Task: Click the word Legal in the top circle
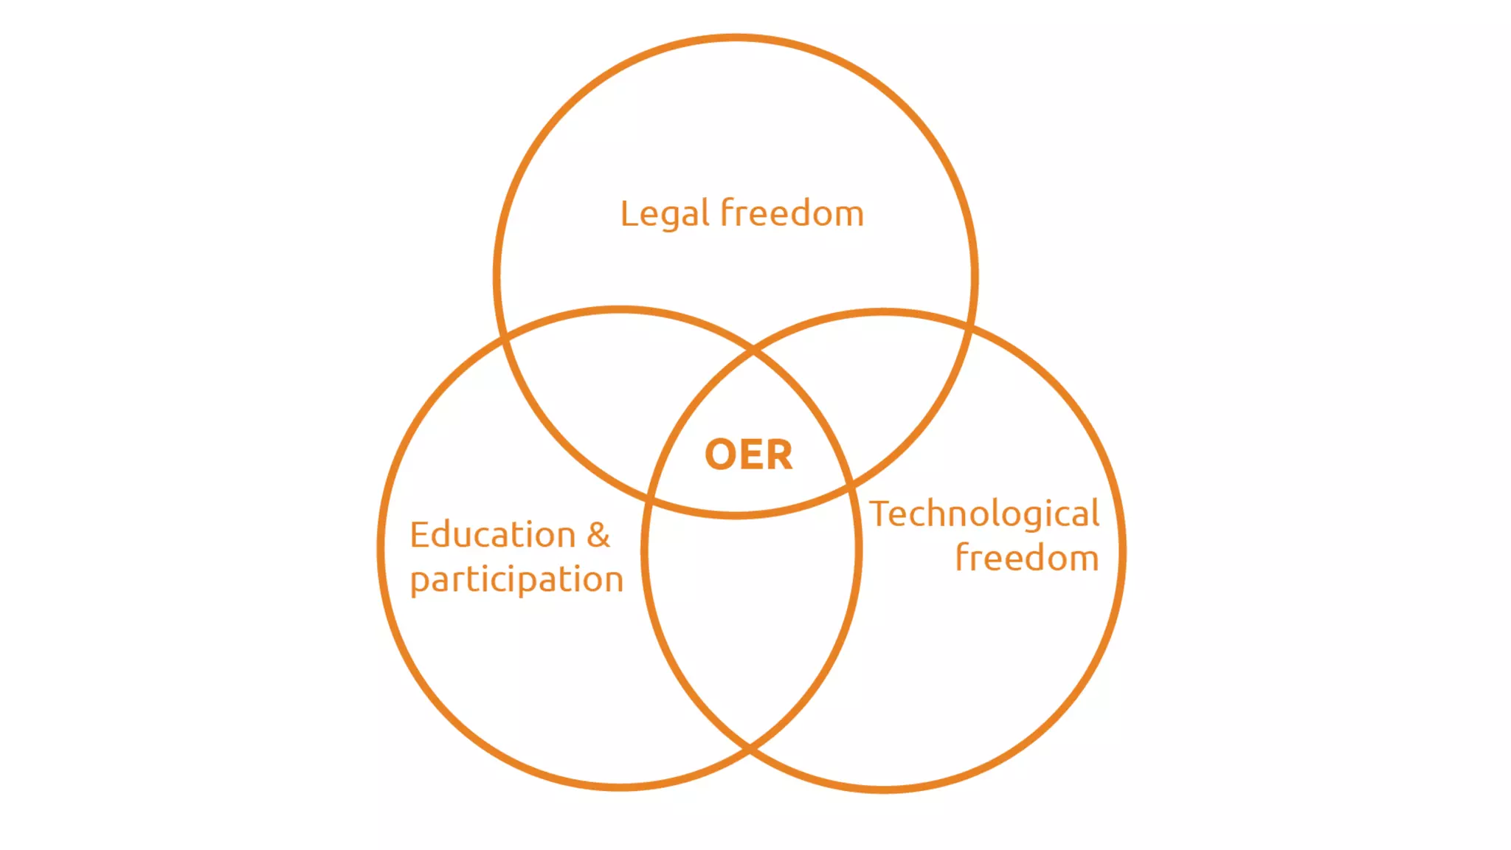click(664, 215)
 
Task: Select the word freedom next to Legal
click(792, 213)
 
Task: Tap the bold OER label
click(748, 455)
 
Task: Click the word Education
click(493, 535)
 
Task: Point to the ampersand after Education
click(598, 535)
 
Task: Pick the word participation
click(516, 580)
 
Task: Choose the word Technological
click(984, 514)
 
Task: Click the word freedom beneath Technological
click(1026, 559)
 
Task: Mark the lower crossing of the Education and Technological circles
click(750, 749)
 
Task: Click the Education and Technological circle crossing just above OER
click(753, 350)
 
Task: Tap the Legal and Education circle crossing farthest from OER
click(504, 339)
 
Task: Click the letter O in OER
click(721, 455)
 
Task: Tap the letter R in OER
click(779, 455)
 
